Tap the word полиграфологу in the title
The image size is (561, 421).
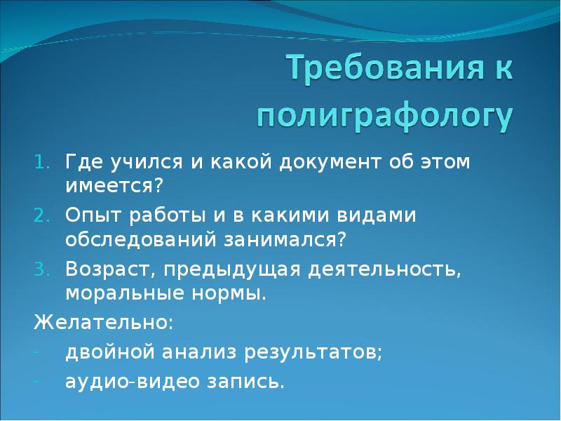[x=384, y=116]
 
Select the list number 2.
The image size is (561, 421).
[x=39, y=215]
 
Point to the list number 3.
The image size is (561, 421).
[x=39, y=269]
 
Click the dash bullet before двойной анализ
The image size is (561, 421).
[x=37, y=352]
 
